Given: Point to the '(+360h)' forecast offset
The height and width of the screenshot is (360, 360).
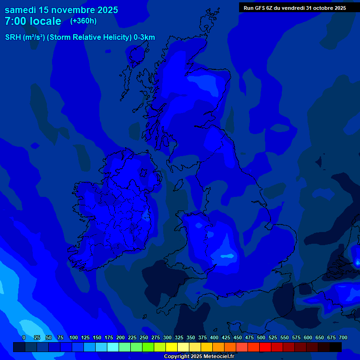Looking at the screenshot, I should click(x=83, y=21).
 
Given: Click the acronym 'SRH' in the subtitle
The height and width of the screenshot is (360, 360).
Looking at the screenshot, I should click(x=13, y=37).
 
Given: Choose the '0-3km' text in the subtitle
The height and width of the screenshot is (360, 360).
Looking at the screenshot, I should click(x=144, y=37).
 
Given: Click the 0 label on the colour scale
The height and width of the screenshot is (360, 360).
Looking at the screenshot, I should click(x=24, y=337).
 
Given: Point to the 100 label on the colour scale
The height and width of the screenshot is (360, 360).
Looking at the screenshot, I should click(x=73, y=337).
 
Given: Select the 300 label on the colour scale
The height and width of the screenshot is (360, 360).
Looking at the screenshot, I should click(x=167, y=337).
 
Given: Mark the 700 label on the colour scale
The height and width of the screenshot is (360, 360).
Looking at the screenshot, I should click(x=343, y=337).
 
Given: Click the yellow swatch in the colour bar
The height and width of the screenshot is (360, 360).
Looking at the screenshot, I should click(x=172, y=347).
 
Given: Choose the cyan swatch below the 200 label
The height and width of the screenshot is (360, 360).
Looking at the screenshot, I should click(x=113, y=347).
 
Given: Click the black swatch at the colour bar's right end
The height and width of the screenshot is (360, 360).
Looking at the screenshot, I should click(x=336, y=347).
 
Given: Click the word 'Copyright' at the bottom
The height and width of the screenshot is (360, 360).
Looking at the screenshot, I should click(x=176, y=357).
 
